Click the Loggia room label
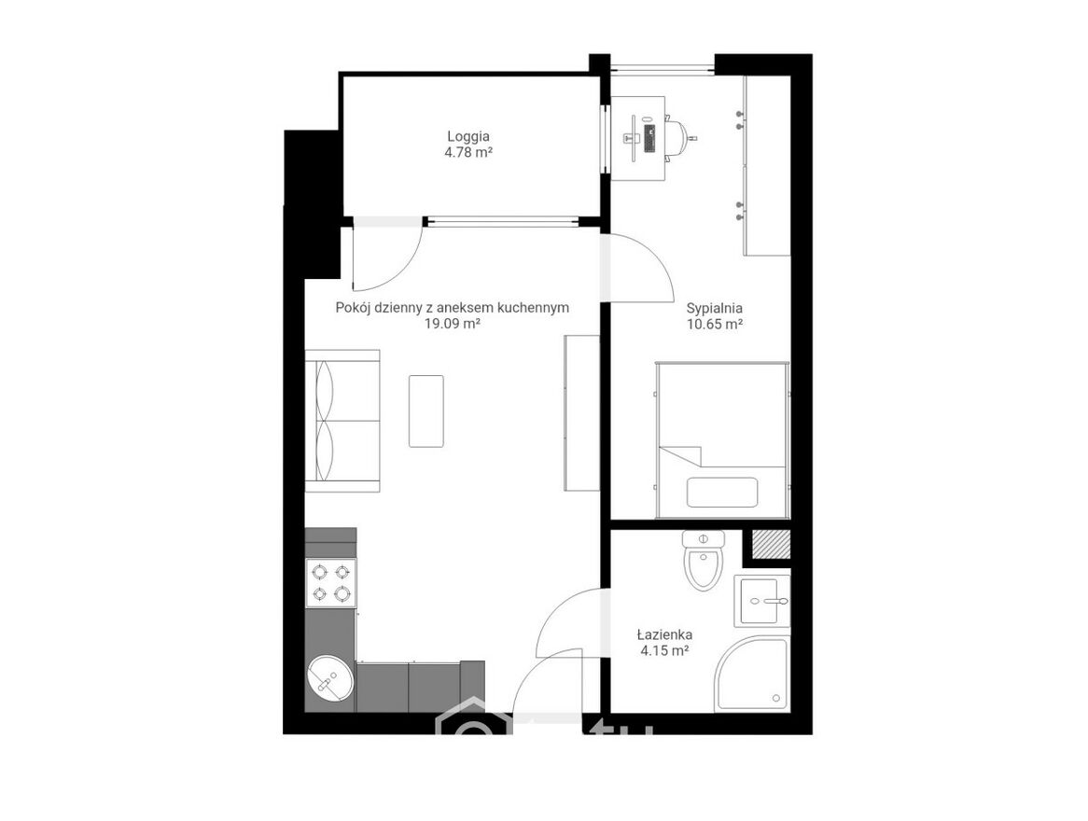(468, 137)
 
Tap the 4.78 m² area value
(468, 152)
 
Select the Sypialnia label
(715, 308)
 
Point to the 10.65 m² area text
(715, 324)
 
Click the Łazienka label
(664, 634)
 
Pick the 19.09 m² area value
(453, 324)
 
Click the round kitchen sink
(328, 677)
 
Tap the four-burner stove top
(331, 583)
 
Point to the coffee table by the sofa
(426, 410)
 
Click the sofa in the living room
(342, 421)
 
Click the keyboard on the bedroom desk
(650, 138)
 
